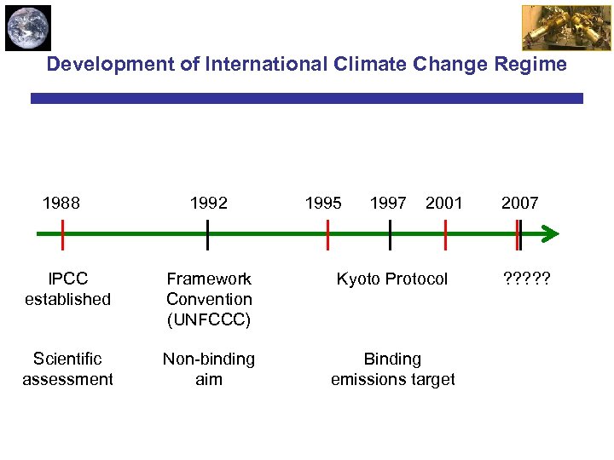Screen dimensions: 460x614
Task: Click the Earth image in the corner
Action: pos(28,28)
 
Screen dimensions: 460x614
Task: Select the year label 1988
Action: pos(61,203)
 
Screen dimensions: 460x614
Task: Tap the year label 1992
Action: pos(209,203)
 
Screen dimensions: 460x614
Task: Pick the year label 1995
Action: pos(323,203)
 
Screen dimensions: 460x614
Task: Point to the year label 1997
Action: pos(388,203)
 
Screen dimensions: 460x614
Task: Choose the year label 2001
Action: pos(443,203)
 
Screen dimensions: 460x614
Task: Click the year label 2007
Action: pos(519,203)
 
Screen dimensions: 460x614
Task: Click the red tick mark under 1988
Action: pos(63,234)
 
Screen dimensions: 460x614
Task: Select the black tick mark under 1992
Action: pos(207,234)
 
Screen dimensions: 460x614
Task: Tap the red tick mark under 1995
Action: pos(327,234)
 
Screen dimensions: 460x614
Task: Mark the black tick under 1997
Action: pos(390,234)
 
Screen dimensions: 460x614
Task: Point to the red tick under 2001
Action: pos(445,234)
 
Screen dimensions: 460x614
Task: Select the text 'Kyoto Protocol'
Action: pos(391,279)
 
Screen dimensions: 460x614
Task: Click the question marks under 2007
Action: pos(527,279)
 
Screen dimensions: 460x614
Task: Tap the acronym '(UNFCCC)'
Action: pos(209,320)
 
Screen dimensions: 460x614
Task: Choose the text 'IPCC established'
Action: pos(67,289)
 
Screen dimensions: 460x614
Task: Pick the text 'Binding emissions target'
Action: pos(392,369)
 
